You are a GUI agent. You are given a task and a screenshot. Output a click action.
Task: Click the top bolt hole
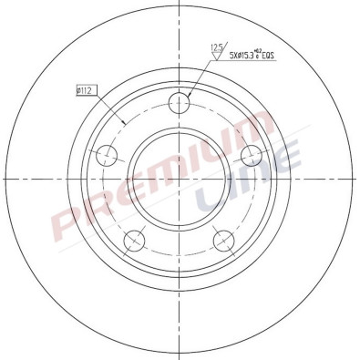click(x=180, y=104)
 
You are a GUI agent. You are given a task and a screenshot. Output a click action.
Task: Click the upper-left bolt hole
click(x=108, y=153)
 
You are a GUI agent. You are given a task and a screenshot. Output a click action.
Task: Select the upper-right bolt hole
click(x=251, y=153)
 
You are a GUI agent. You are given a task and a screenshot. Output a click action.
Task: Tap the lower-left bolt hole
click(x=135, y=239)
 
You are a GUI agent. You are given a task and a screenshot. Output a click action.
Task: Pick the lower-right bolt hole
click(x=224, y=239)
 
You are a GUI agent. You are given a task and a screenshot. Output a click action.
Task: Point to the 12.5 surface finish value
click(x=218, y=48)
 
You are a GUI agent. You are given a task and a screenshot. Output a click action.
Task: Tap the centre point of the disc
click(x=180, y=179)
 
